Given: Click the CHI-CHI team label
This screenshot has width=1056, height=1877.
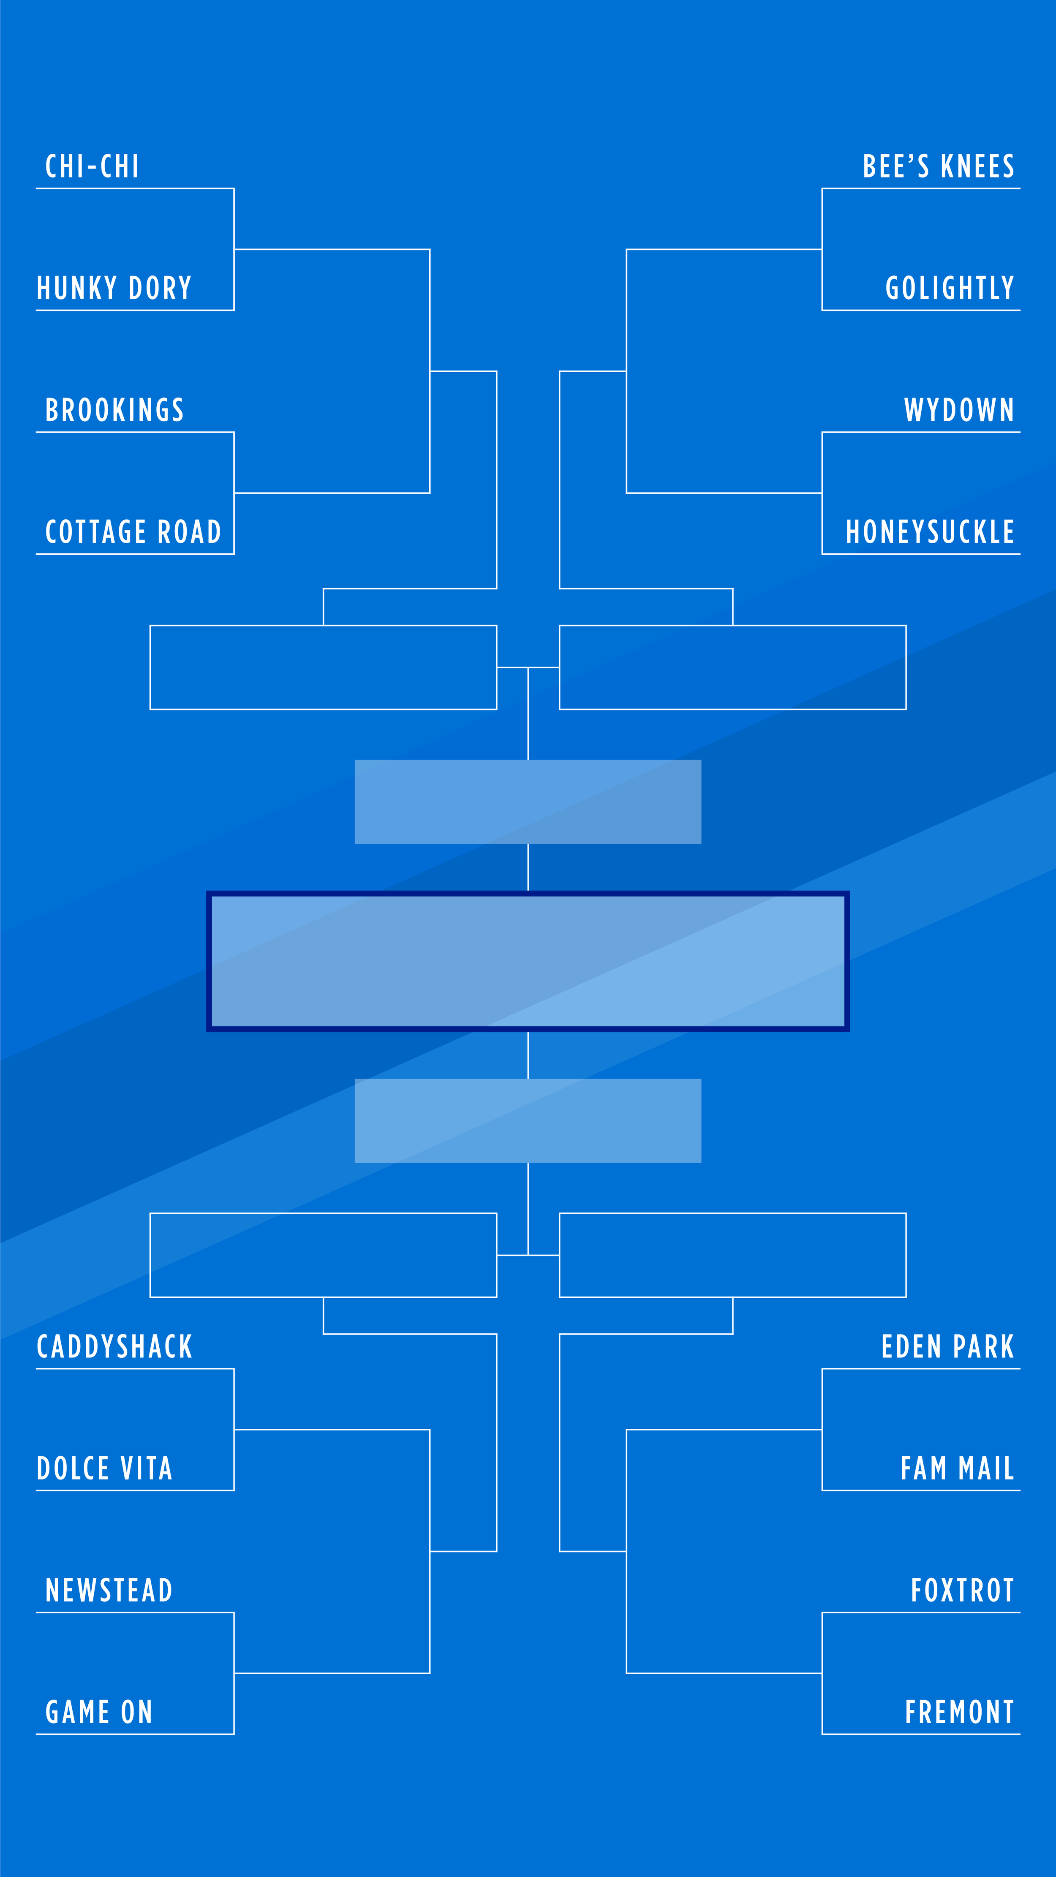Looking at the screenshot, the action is [x=92, y=167].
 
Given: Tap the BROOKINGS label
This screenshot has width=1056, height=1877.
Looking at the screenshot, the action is [x=114, y=410].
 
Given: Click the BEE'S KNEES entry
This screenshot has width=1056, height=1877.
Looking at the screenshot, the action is [x=939, y=167].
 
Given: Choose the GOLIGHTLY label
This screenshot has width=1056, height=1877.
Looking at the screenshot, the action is [x=950, y=289].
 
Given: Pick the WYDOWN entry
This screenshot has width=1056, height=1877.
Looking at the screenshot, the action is [x=959, y=410].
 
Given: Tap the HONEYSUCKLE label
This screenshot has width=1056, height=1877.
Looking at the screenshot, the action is [x=930, y=532].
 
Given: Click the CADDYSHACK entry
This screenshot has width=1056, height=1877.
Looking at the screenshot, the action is [x=114, y=1346].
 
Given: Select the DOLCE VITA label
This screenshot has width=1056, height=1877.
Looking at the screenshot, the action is [x=104, y=1468].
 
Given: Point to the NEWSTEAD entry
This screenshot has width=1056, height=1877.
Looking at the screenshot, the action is [x=109, y=1590].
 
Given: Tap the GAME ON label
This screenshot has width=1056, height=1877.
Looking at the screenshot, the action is [x=99, y=1711].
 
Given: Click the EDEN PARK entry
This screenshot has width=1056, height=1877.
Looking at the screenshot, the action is [x=947, y=1346].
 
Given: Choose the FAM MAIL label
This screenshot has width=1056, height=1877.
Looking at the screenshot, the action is [x=957, y=1468].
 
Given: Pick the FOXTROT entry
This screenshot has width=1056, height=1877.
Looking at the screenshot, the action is [x=962, y=1590].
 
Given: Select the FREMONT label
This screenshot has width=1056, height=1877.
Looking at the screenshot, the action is [x=959, y=1711].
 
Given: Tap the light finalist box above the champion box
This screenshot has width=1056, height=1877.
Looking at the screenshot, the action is [x=528, y=801].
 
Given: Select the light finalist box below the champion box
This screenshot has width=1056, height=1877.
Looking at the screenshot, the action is [x=528, y=1121].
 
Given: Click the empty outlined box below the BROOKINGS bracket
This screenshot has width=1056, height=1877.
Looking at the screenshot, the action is [x=323, y=667].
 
